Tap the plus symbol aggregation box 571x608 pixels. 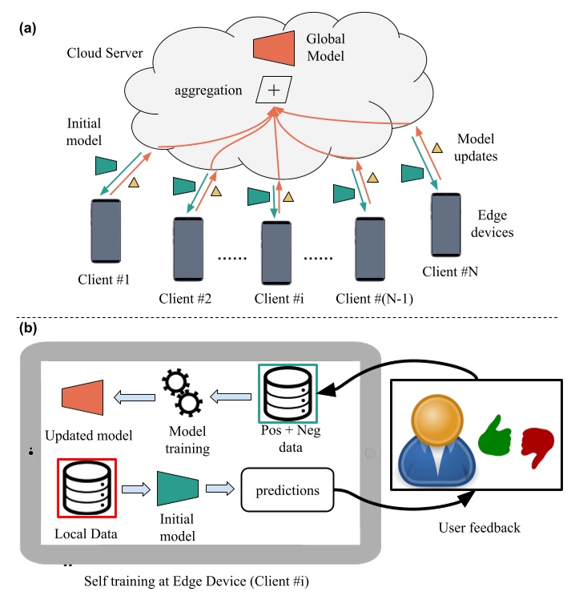pos(272,90)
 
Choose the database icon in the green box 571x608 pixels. pos(287,393)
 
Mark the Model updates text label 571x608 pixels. pos(478,147)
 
